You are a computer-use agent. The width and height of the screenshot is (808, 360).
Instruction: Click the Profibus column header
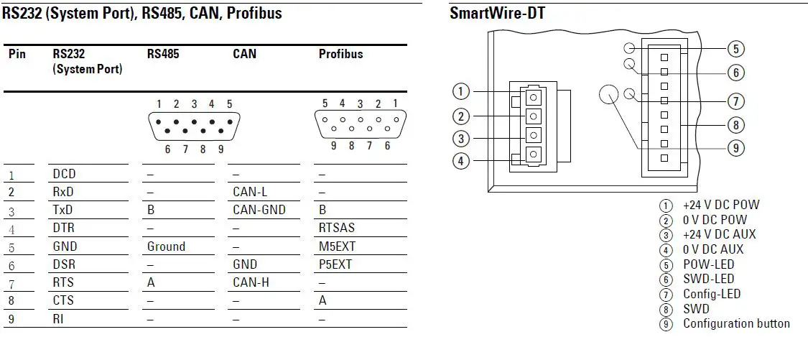(x=340, y=54)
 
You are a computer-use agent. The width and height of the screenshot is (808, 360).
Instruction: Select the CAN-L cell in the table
(x=249, y=192)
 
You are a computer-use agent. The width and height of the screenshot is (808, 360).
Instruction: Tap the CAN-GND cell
(x=259, y=210)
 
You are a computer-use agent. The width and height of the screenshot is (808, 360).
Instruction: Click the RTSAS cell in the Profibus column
(x=337, y=228)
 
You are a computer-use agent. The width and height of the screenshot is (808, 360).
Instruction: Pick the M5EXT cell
(x=337, y=246)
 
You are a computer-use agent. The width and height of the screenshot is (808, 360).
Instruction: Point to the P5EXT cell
(x=335, y=264)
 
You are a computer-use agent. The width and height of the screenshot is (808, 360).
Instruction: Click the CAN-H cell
(x=251, y=282)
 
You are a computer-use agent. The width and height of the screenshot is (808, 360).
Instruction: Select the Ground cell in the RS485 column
(x=166, y=246)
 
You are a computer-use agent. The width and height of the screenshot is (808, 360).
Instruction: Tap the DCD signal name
(x=64, y=174)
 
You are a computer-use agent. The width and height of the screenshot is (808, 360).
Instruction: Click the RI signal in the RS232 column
(x=57, y=318)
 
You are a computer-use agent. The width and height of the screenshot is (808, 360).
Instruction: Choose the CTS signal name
(x=63, y=300)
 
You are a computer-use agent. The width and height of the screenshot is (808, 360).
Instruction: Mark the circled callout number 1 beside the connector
(x=461, y=91)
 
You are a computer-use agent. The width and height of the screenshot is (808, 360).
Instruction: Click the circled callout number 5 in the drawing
(x=735, y=49)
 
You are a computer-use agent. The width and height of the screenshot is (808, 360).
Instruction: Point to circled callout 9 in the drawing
(x=735, y=148)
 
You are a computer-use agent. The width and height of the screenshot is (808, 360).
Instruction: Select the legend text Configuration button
(x=736, y=323)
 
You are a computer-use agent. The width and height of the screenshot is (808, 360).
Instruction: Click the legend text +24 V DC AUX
(x=719, y=234)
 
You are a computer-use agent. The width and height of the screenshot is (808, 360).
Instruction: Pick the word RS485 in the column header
(x=163, y=54)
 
